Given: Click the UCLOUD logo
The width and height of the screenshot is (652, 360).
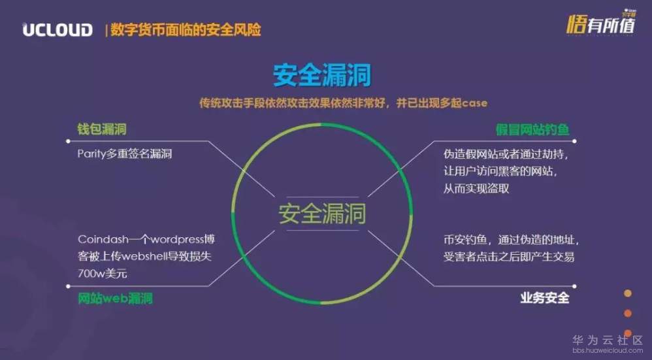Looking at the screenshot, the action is (x=57, y=30).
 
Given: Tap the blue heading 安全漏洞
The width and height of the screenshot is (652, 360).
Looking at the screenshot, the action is (x=322, y=75).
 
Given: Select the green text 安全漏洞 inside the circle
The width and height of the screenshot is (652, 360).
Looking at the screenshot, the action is (x=322, y=213).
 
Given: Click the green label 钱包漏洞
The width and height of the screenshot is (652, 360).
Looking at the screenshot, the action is (x=102, y=129).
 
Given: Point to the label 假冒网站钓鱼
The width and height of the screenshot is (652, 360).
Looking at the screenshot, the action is (x=532, y=130).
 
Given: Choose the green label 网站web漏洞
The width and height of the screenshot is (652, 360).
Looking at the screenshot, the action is (x=115, y=299).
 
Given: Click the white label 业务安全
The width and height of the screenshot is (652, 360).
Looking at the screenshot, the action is (x=545, y=298).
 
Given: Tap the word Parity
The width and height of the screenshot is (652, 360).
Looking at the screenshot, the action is (x=91, y=154).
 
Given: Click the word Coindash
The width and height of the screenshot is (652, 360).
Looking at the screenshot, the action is (x=103, y=239).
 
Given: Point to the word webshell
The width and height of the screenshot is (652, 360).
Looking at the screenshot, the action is (x=144, y=257).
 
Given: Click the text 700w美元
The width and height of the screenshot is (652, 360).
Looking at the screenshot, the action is (x=103, y=274).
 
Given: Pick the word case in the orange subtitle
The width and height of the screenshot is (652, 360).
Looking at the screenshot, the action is (x=474, y=103).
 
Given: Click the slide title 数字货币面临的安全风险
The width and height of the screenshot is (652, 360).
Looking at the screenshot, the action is (x=186, y=30).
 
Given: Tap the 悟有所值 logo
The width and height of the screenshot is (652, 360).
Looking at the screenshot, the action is (x=601, y=23).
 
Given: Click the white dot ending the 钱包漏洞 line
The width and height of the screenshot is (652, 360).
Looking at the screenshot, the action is (x=68, y=141).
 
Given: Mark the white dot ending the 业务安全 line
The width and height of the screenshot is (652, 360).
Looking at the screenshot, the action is (x=574, y=286).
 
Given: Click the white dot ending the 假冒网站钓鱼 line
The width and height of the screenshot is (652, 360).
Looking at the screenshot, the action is (x=574, y=141).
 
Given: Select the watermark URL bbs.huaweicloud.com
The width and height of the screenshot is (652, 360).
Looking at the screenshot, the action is (x=608, y=350).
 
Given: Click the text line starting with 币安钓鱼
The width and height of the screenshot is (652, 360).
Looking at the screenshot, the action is (x=511, y=240).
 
